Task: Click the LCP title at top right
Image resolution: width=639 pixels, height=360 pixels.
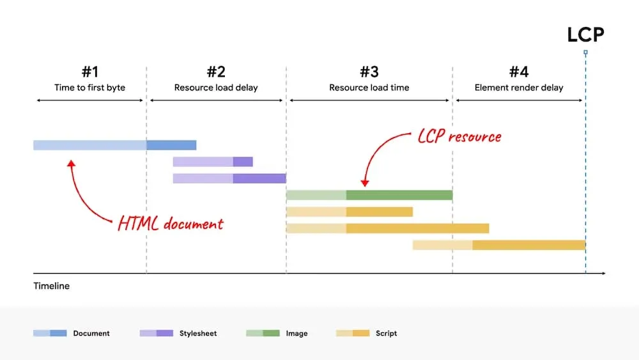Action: (x=585, y=34)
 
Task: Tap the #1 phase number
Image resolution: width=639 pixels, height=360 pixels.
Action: (x=89, y=72)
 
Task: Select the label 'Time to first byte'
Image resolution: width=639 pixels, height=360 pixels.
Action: (x=89, y=88)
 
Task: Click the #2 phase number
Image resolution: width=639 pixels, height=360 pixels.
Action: (x=216, y=72)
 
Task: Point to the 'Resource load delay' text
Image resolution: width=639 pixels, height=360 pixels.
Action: (x=216, y=88)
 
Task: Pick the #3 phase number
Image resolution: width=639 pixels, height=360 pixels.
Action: (x=369, y=72)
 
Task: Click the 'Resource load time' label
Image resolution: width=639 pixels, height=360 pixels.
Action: (x=369, y=88)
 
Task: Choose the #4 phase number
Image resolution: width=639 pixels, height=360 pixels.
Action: (x=519, y=72)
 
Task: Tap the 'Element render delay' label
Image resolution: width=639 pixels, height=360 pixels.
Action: (x=519, y=88)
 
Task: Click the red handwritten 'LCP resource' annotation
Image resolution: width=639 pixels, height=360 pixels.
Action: (x=459, y=136)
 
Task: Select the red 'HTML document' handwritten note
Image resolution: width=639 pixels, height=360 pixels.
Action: (x=171, y=224)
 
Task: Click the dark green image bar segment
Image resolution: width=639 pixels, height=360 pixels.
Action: (x=399, y=195)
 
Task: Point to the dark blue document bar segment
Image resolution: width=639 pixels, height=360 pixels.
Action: (x=171, y=145)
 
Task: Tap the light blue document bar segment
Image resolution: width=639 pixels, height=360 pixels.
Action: (x=89, y=145)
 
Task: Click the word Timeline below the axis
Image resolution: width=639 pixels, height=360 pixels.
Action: (x=52, y=286)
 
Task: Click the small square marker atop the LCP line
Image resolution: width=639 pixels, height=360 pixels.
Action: (x=585, y=52)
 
